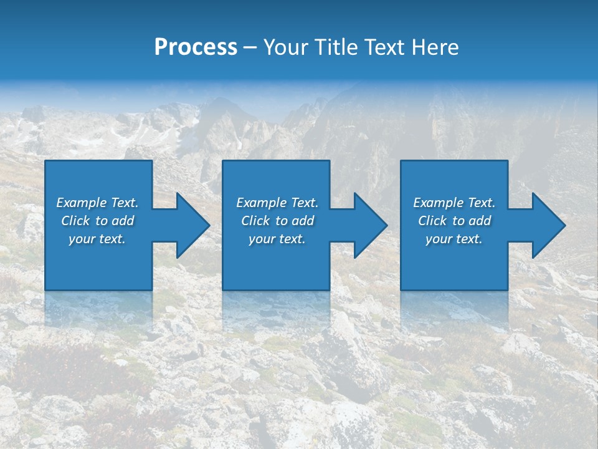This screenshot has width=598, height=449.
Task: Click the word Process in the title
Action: pos(196,47)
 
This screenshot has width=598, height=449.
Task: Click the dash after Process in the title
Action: pos(250,48)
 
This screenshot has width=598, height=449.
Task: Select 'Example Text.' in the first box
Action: pos(97,203)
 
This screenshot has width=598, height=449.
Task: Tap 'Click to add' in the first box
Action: pos(97,221)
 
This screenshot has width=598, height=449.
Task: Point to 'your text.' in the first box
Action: pos(97,239)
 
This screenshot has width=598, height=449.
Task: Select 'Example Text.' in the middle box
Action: pos(277,203)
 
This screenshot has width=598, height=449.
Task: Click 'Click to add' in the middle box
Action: pos(277,221)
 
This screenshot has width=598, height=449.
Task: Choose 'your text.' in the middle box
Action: pos(277,239)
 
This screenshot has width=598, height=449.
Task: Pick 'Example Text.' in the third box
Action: pos(453,203)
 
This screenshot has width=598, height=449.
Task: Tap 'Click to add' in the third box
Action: pos(453,221)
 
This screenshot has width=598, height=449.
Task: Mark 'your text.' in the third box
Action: pos(453,239)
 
